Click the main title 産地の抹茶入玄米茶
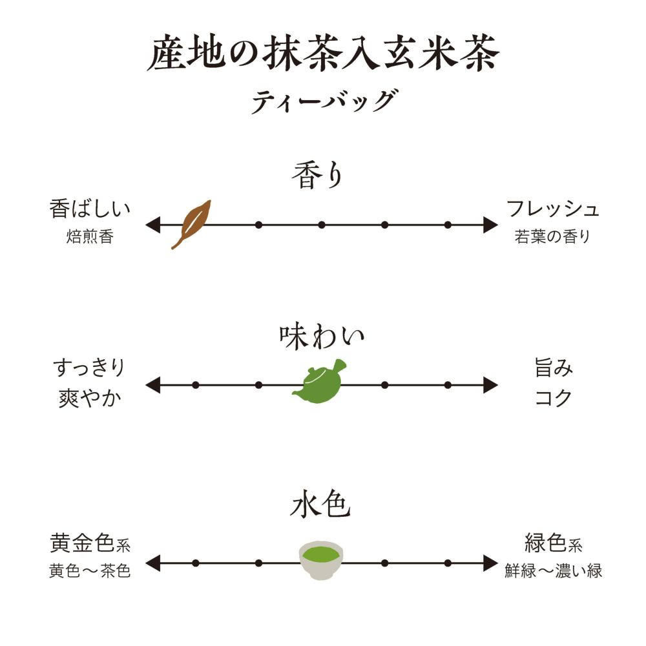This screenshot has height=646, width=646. (x=323, y=55)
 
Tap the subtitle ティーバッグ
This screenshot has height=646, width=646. (x=323, y=101)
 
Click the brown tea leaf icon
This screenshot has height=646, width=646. (x=191, y=224)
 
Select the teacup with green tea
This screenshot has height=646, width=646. (x=321, y=559)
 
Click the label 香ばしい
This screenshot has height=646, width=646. (x=90, y=209)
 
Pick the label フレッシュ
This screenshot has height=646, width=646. (x=553, y=209)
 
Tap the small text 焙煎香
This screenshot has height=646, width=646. (x=90, y=237)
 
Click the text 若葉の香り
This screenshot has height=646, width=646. (x=553, y=237)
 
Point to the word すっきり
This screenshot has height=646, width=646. (x=89, y=370)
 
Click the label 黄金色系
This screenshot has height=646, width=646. (x=90, y=544)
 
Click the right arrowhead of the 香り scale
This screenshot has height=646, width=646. (x=491, y=225)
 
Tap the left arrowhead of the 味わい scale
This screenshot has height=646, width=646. (x=152, y=385)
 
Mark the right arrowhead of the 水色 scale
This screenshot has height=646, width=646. (x=491, y=563)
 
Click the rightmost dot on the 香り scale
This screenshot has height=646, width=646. (x=447, y=225)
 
